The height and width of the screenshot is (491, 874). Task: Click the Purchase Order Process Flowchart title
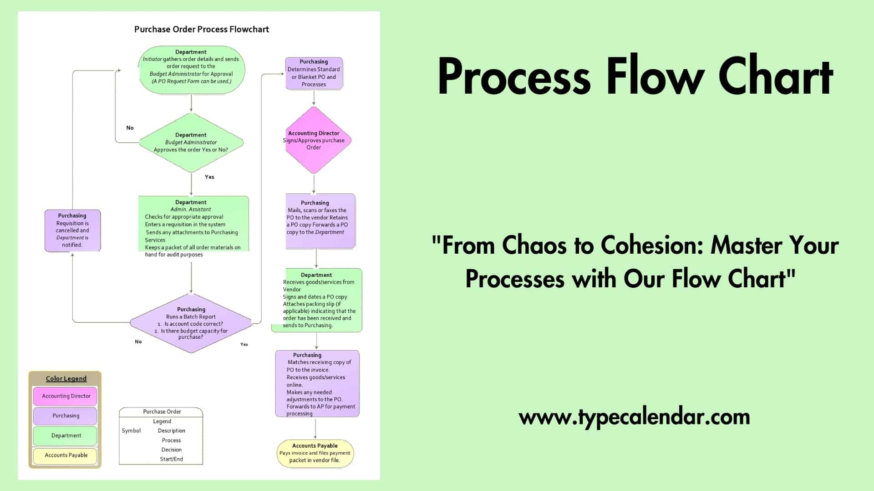[201, 30]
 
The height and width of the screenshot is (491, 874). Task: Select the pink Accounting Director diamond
[314, 140]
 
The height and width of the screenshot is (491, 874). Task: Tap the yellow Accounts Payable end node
[315, 453]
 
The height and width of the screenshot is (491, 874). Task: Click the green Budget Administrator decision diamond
[191, 142]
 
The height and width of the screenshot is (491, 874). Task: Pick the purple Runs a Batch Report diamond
[191, 323]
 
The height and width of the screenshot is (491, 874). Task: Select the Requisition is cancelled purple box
[72, 230]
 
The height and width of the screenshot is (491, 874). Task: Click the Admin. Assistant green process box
[193, 225]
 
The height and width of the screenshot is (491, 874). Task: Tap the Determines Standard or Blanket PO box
[314, 73]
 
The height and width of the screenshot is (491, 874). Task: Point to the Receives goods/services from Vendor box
[319, 300]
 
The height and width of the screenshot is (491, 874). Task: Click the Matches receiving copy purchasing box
[317, 384]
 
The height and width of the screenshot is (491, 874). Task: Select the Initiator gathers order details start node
[191, 70]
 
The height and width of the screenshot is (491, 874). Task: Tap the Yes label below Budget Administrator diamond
[209, 177]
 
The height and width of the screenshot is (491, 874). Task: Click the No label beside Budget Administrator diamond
[130, 128]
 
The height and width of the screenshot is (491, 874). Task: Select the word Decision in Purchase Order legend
[171, 450]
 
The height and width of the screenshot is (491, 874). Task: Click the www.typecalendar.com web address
[634, 417]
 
